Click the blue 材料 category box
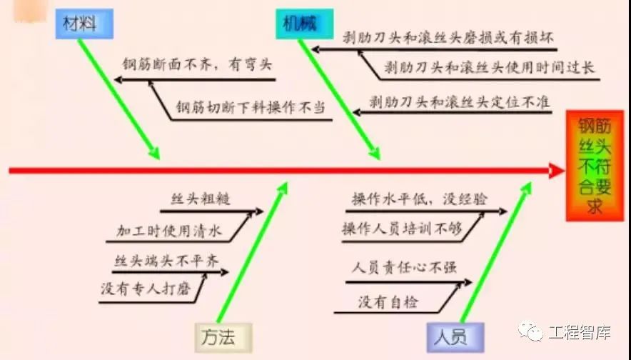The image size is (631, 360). pos(84,24)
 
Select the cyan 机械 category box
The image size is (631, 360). pos(305,24)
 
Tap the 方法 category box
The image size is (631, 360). pos(223,337)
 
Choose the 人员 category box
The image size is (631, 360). pos(455,337)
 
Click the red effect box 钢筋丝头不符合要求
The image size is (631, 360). pos(595,166)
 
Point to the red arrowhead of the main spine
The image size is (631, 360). pos(557,171)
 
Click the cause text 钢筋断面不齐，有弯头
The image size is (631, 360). pos(197,64)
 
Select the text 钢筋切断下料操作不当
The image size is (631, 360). pos(251,108)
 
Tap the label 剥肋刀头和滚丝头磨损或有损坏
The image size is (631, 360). pos(448,38)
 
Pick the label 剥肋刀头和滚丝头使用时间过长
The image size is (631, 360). pos(489,67)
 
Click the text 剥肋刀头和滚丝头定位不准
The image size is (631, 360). pos(459,102)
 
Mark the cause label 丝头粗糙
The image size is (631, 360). pos(201,199)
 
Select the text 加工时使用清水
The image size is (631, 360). pos(169,231)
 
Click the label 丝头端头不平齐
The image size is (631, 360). pos(166,261)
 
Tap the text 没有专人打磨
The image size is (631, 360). pos(146,289)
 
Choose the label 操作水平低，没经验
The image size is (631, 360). pos(420,199)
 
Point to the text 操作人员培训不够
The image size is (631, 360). pos(402,229)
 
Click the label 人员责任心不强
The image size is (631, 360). pos(404,267)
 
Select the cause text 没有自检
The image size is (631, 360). pos(388,301)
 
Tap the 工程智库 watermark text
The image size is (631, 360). pos(580,332)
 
